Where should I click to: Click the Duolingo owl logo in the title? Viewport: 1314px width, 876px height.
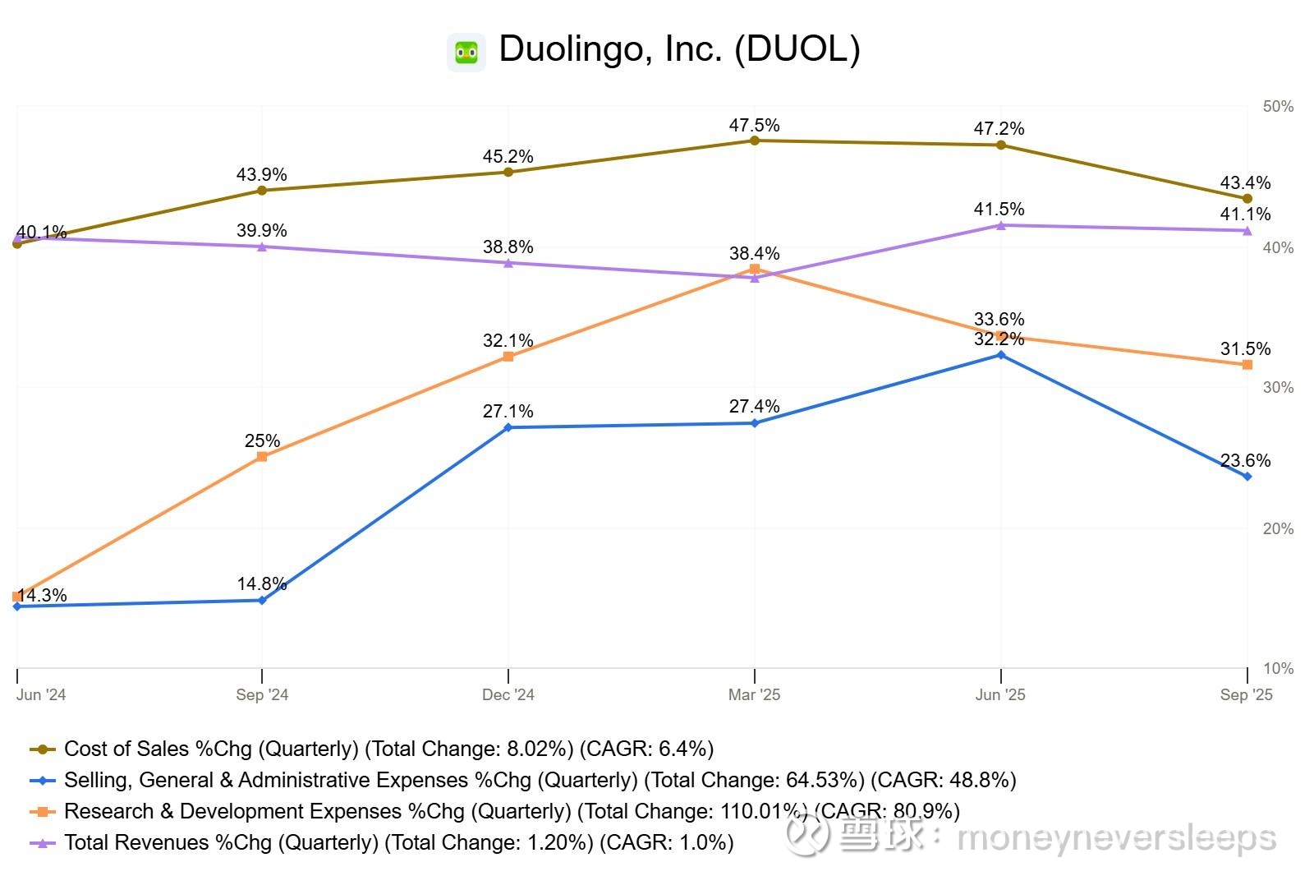point(466,53)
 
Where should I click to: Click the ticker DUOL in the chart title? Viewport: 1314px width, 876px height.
point(796,49)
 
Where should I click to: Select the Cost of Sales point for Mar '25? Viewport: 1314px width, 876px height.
point(755,141)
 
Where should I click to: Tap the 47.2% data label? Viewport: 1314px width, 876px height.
point(999,128)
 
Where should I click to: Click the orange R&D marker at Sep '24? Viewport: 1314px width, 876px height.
point(262,457)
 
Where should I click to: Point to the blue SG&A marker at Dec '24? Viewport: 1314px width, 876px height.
point(508,427)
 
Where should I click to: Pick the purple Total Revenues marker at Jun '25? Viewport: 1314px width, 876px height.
point(1000,225)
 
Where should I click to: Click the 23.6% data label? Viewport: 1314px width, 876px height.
point(1245,460)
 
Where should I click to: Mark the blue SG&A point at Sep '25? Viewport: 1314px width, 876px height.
point(1247,477)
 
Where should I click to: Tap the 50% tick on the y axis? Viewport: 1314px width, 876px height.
point(1278,107)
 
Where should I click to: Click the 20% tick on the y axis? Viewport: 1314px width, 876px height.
point(1278,529)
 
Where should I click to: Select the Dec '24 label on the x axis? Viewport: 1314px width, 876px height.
point(508,695)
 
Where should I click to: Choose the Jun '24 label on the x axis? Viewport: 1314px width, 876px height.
point(41,695)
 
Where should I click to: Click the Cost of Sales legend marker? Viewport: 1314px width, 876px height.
point(43,749)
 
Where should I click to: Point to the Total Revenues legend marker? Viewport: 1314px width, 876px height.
point(43,843)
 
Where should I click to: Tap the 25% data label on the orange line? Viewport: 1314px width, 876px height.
point(262,440)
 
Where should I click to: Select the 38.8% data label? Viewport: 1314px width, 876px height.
point(508,247)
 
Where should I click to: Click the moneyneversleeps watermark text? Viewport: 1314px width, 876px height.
point(1117,838)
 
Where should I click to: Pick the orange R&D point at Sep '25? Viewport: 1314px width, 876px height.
point(1247,364)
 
